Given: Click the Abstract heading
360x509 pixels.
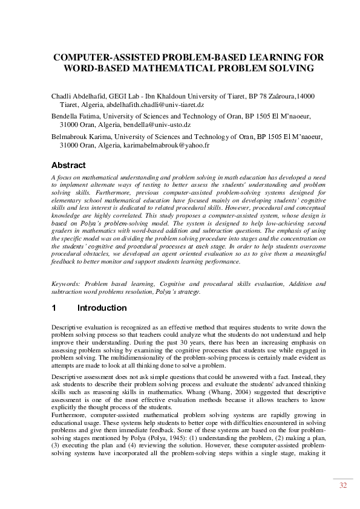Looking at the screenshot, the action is tap(68, 164).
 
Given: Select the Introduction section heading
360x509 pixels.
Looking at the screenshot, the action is tap(102, 308).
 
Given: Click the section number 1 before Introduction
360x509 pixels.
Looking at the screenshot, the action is tap(54, 308).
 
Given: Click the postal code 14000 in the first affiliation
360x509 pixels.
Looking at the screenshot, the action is tap(305, 96).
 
